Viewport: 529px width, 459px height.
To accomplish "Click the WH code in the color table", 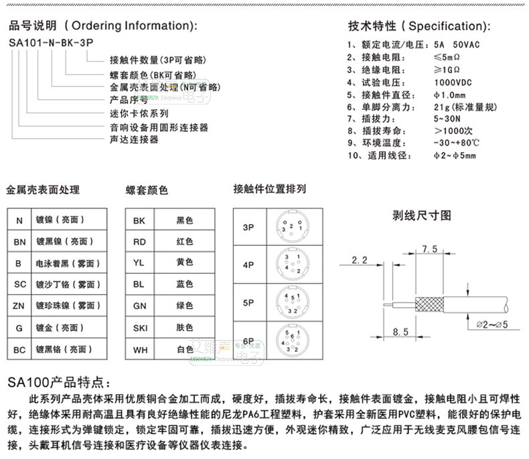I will point(139,349).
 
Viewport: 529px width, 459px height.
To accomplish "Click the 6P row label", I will point(248,340).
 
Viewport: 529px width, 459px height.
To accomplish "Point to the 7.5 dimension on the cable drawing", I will point(429,249).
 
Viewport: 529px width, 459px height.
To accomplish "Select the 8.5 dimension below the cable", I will point(400,332).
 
